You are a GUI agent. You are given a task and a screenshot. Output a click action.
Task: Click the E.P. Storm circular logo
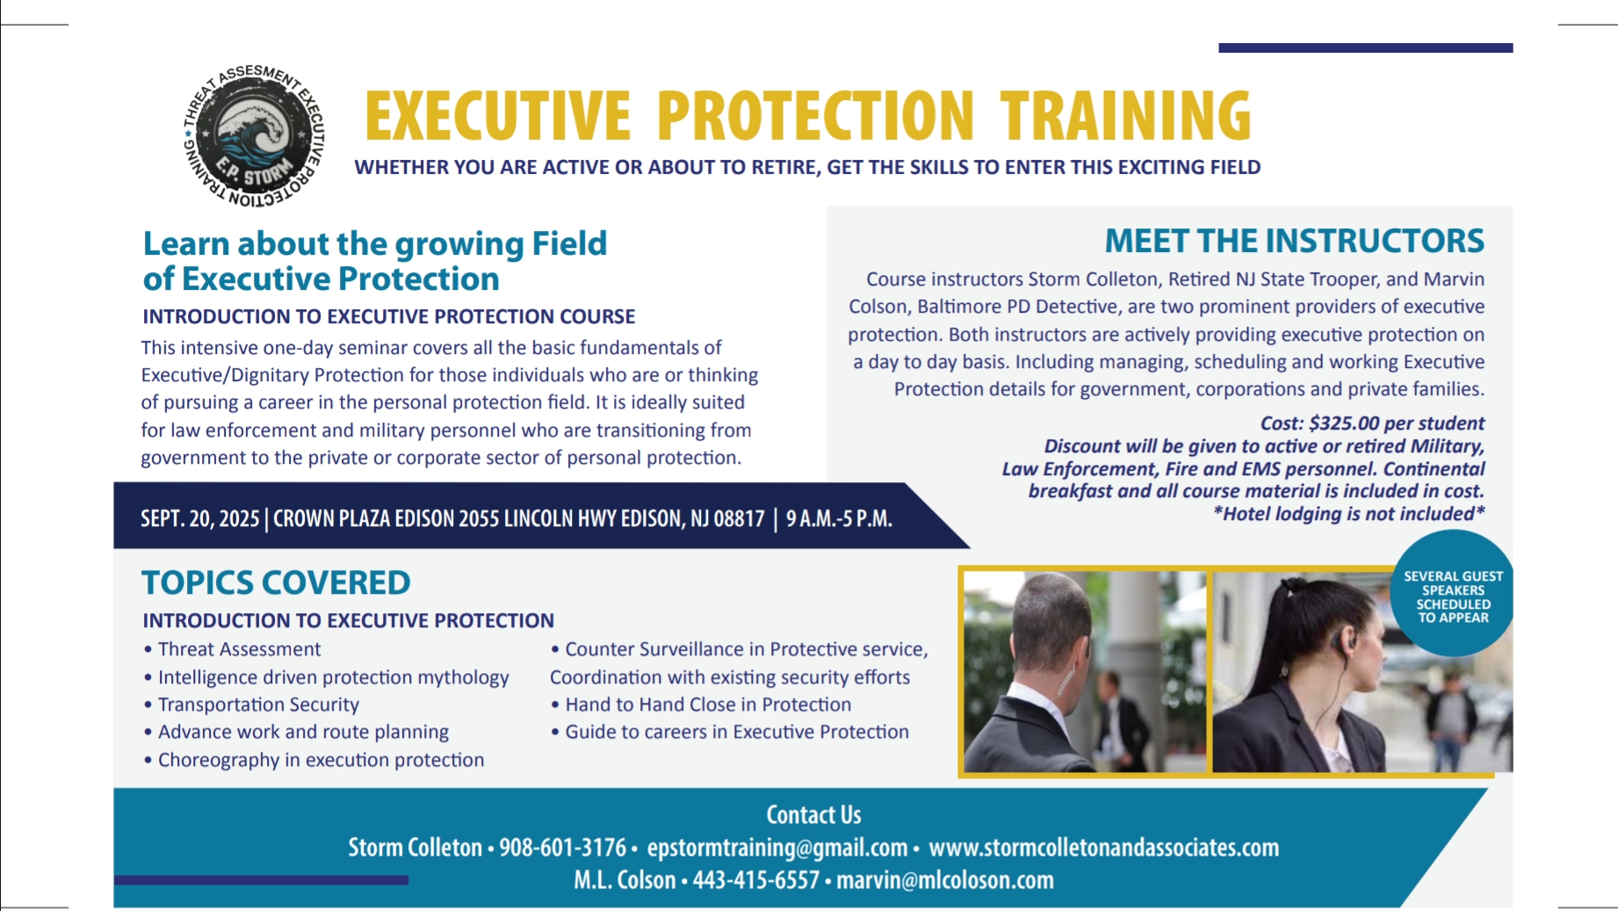pyautogui.click(x=254, y=136)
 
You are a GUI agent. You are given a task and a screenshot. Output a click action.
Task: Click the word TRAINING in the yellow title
pyautogui.click(x=1125, y=115)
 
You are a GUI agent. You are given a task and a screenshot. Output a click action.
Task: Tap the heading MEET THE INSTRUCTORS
pyautogui.click(x=1294, y=241)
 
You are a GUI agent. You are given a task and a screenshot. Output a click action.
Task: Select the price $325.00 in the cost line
pyautogui.click(x=1344, y=423)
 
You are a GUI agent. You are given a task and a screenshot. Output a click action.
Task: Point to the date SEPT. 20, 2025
pyautogui.click(x=200, y=518)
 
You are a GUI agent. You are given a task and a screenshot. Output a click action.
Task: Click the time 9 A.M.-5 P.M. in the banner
pyautogui.click(x=839, y=518)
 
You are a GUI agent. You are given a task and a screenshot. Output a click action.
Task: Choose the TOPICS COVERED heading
pyautogui.click(x=276, y=582)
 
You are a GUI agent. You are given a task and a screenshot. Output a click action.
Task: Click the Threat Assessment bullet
pyautogui.click(x=232, y=649)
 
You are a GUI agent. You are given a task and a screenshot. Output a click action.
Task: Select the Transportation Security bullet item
pyautogui.click(x=251, y=705)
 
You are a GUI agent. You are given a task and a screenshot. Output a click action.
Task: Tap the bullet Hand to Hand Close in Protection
pyautogui.click(x=701, y=705)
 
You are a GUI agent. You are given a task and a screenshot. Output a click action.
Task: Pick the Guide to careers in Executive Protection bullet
pyautogui.click(x=730, y=732)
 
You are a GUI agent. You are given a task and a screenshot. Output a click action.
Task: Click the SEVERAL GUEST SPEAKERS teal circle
pyautogui.click(x=1453, y=594)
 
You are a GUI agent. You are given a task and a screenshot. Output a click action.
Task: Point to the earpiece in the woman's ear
pyautogui.click(x=1340, y=644)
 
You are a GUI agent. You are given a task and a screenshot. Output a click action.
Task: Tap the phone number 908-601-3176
pyautogui.click(x=563, y=848)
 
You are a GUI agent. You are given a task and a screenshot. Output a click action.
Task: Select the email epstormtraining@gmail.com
pyautogui.click(x=777, y=848)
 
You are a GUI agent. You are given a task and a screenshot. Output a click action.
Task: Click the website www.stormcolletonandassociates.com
pyautogui.click(x=1104, y=848)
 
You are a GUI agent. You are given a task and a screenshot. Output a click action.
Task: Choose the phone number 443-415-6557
pyautogui.click(x=756, y=879)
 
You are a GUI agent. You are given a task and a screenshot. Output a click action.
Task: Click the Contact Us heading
pyautogui.click(x=813, y=815)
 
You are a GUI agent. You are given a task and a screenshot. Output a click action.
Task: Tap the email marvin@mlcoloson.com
pyautogui.click(x=945, y=879)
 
